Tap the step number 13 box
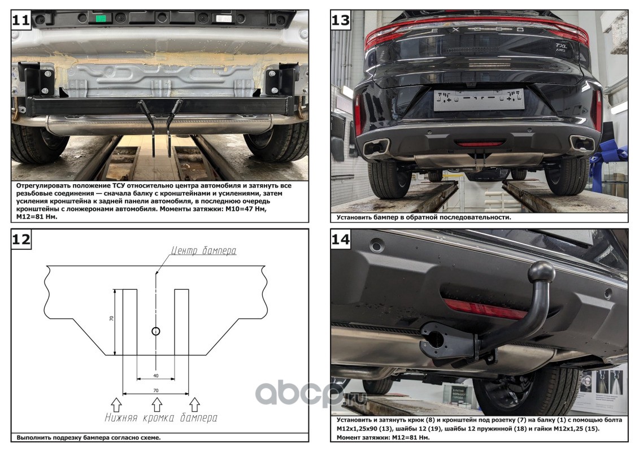coord(340,21)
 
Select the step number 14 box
coord(340,240)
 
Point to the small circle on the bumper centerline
coord(156,331)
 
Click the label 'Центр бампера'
coord(205,251)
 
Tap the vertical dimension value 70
coord(111,319)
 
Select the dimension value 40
coord(155,375)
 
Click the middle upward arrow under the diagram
coord(156,403)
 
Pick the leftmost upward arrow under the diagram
coord(117,403)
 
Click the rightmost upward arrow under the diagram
coord(195,403)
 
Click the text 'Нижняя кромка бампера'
coord(161,418)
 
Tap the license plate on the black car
coord(479,100)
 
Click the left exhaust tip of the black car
coord(376,148)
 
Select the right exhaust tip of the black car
coord(581,144)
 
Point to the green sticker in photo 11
coord(102,18)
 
